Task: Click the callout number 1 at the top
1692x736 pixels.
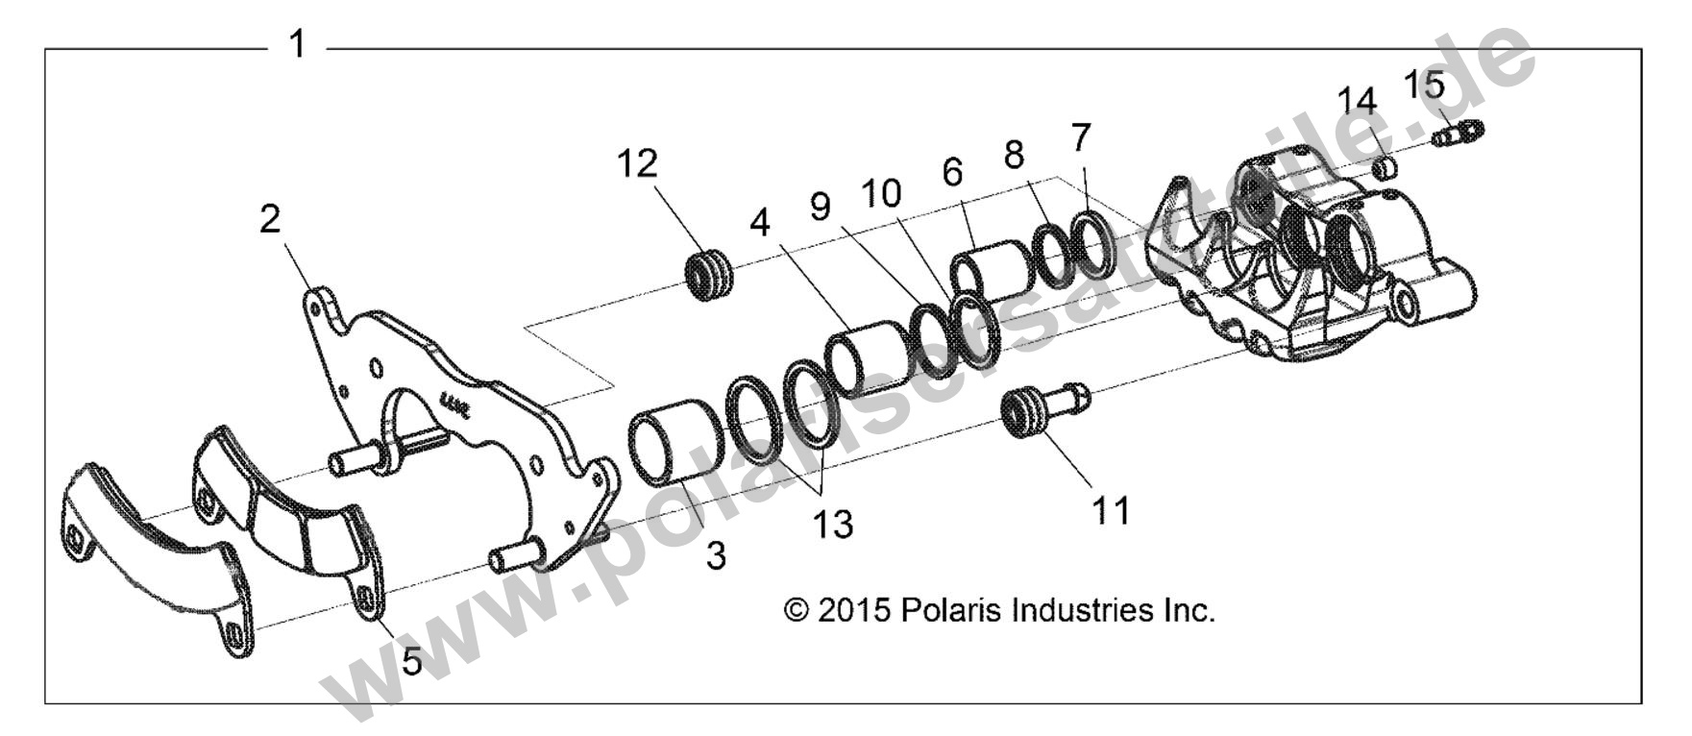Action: tap(298, 44)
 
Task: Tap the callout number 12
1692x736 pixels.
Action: tap(637, 164)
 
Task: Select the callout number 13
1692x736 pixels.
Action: tap(832, 525)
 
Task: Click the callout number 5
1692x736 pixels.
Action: tap(411, 661)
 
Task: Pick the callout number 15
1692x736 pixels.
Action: tap(1423, 86)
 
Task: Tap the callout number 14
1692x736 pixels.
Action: tap(1358, 100)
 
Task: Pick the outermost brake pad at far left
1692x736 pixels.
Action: tap(154, 557)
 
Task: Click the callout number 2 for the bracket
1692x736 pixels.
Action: tap(270, 219)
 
